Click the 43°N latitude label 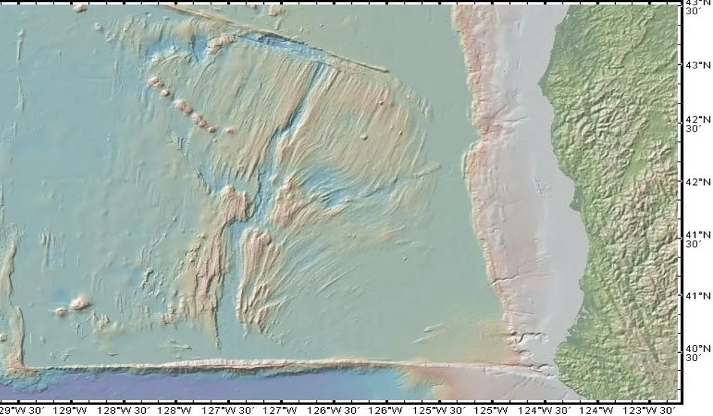[x=693, y=65]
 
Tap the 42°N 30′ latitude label [x=693, y=123]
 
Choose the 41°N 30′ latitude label [x=693, y=238]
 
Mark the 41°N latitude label [x=693, y=296]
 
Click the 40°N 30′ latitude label [x=693, y=353]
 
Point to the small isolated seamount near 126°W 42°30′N [x=364, y=137]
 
